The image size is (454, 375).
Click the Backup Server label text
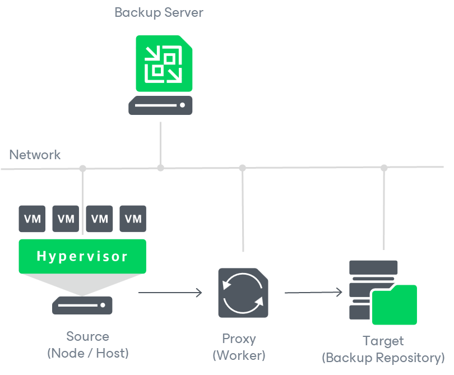(x=159, y=12)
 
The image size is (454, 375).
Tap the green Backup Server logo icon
(x=164, y=63)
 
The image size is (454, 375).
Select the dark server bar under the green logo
(x=160, y=105)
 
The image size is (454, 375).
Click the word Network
(x=35, y=155)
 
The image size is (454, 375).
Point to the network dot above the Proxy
(x=242, y=168)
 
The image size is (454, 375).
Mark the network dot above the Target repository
(x=384, y=168)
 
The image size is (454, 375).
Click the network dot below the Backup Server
(x=160, y=168)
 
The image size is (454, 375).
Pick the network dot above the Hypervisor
(x=83, y=168)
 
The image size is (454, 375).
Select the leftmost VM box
(x=33, y=219)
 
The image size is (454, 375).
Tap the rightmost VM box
(x=133, y=219)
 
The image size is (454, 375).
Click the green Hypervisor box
(x=82, y=256)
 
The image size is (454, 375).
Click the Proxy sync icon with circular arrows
(x=243, y=293)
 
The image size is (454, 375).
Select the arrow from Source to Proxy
(x=170, y=293)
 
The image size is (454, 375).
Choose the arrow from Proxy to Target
(x=313, y=293)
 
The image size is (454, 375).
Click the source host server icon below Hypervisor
(x=82, y=305)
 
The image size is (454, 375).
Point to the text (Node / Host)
(x=87, y=353)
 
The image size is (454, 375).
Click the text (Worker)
(x=239, y=355)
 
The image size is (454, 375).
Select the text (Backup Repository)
(x=383, y=358)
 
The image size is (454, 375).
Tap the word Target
(x=383, y=341)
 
